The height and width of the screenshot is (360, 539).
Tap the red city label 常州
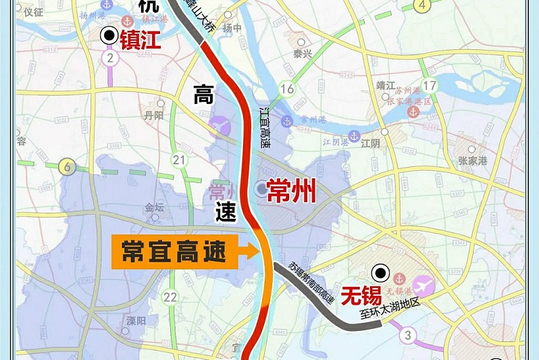tap(291, 192)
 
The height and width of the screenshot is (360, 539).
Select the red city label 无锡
tap(361, 296)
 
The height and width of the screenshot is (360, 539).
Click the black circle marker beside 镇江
tap(107, 36)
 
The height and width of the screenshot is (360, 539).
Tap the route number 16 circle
tap(288, 89)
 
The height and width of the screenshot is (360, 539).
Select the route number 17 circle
tap(430, 85)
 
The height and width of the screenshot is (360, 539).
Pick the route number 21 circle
tap(179, 159)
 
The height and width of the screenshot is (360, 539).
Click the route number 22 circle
tap(170, 297)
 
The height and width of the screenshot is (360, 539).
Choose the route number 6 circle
tap(66, 166)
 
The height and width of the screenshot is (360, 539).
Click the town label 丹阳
tap(154, 115)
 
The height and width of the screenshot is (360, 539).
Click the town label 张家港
tap(473, 161)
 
